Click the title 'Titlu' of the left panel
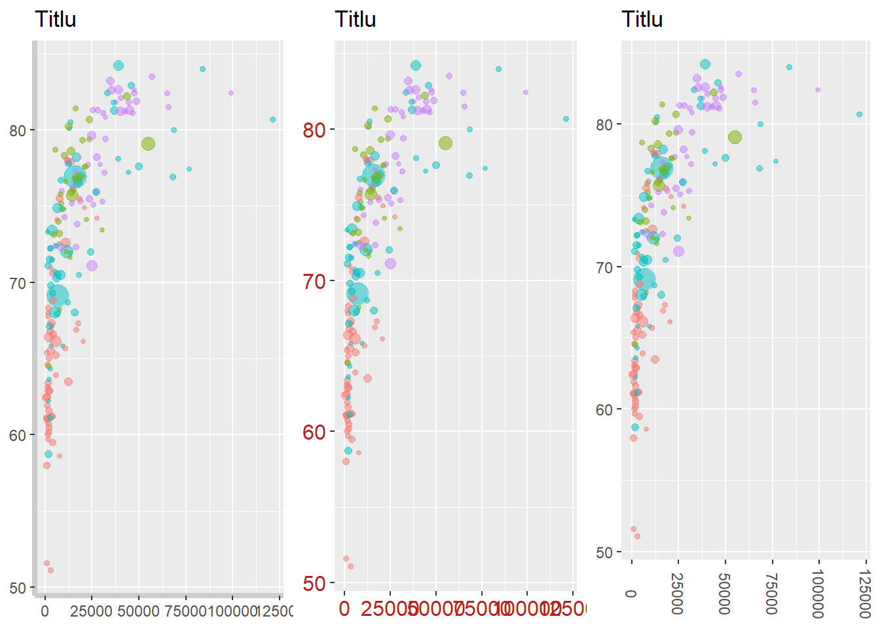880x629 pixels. coord(55,20)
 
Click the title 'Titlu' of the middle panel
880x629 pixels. coord(355,20)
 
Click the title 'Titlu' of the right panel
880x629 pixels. coord(642,20)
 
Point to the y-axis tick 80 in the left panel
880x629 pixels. coord(18,130)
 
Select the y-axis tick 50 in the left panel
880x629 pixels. coord(18,588)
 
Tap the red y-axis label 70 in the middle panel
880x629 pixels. coord(314,282)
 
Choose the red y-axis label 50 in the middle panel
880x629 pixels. coord(314,583)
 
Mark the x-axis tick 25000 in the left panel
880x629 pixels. coord(92,611)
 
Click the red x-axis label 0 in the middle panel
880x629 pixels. coord(344,609)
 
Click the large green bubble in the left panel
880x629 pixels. coord(148,144)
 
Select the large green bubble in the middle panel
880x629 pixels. coord(445,143)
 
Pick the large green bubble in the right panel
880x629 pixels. coord(735,138)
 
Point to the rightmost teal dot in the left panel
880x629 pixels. coord(272,119)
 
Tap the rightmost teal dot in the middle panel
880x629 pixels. coord(566,119)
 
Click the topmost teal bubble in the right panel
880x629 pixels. coord(705,64)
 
